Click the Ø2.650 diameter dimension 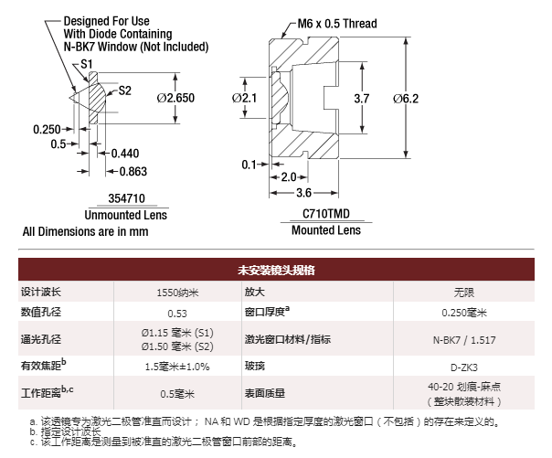tap(175, 98)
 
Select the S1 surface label tap(87, 64)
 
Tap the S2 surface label tap(124, 91)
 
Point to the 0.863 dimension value tap(133, 172)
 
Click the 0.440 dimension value tap(125, 154)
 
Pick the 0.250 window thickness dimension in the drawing tap(47, 130)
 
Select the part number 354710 tap(127, 198)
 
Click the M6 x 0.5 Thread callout tap(337, 24)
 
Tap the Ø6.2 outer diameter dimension tap(406, 99)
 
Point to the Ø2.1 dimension tap(244, 98)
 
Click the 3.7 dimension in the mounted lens tap(362, 99)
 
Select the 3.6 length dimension tap(303, 193)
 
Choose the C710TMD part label tap(326, 214)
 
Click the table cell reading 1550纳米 tap(177, 293)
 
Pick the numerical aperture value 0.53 tap(177, 314)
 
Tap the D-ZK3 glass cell tap(464, 367)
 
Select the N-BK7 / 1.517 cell tap(464, 340)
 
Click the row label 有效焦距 tap(43, 365)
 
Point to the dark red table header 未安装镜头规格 tap(276, 270)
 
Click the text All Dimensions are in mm tap(86, 231)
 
